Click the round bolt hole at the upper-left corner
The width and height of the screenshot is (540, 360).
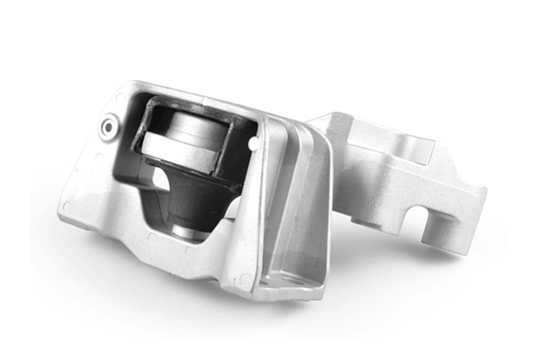(x=108, y=127)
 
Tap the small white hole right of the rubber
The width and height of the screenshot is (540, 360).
(x=255, y=141)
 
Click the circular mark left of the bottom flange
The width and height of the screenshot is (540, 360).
(x=243, y=278)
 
